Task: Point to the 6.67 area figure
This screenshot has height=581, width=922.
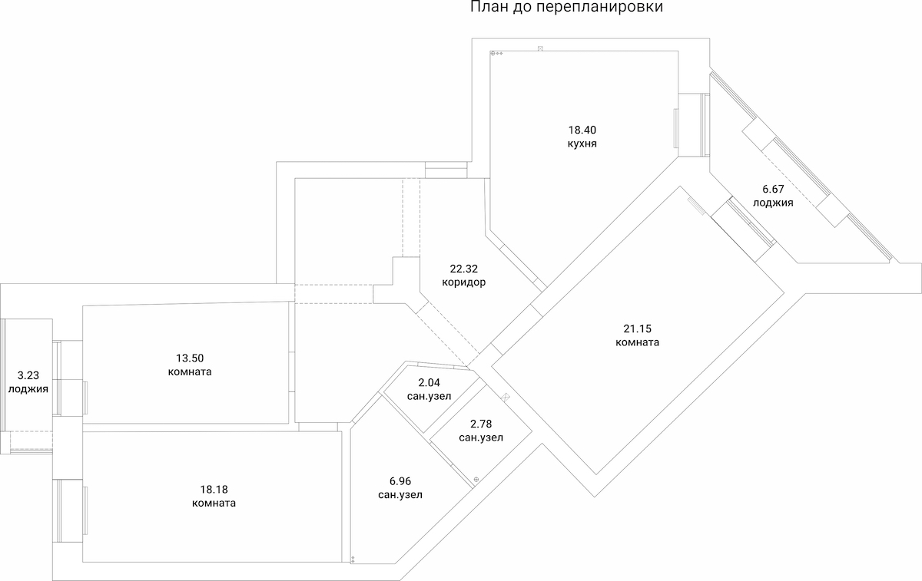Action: click(773, 190)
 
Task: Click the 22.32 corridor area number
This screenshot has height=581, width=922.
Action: click(464, 268)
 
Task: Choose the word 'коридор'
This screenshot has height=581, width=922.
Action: click(464, 282)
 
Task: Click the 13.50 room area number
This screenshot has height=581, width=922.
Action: click(189, 358)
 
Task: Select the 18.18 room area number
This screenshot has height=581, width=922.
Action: click(214, 489)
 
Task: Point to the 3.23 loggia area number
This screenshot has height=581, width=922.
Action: click(28, 375)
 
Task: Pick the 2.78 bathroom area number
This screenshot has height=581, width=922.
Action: click(481, 424)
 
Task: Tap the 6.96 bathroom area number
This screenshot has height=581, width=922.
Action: click(400, 480)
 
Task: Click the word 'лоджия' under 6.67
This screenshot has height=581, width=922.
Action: click(773, 203)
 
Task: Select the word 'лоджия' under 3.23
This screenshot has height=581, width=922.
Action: click(28, 389)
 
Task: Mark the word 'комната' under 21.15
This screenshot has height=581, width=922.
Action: click(637, 342)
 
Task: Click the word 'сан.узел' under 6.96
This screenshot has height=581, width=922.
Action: click(400, 495)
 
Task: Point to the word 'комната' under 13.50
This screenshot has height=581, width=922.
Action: click(189, 372)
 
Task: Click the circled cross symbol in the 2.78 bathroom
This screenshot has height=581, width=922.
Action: click(476, 479)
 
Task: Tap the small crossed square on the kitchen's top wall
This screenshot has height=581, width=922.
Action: click(540, 48)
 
